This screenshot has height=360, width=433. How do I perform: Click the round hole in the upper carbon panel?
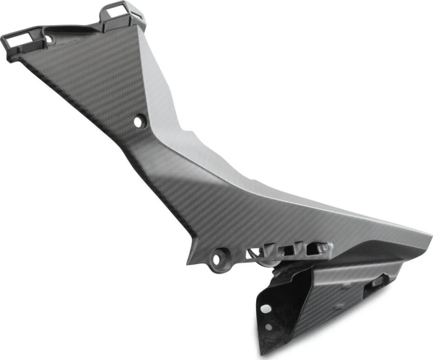click(139, 122)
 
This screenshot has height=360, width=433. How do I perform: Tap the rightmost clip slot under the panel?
click(315, 248)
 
